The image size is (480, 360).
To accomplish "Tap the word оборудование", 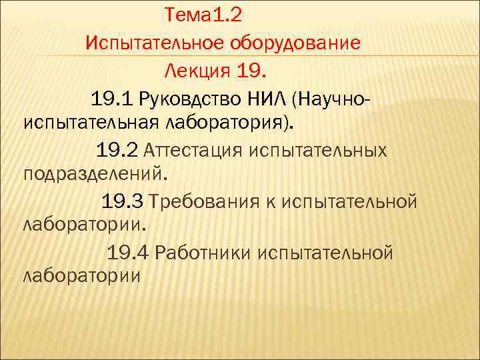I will coord(296,43).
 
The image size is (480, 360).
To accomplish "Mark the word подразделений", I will coord(93,175).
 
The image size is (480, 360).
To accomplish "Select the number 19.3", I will coord(123,201).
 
